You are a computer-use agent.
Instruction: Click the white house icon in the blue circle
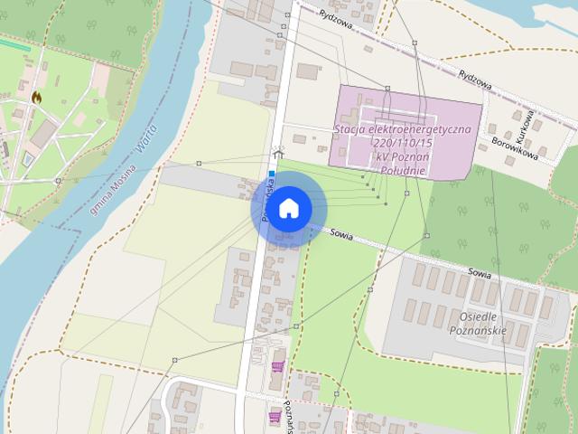pyautogui.click(x=288, y=209)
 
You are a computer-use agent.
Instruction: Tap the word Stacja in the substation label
pyautogui.click(x=351, y=129)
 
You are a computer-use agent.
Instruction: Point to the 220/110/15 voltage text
pyautogui.click(x=402, y=143)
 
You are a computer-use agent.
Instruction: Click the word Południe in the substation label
pyautogui.click(x=402, y=170)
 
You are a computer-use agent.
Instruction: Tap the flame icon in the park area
pyautogui.click(x=37, y=96)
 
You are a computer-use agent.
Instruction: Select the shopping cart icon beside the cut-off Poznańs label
pyautogui.click(x=275, y=416)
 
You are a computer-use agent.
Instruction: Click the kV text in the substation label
pyautogui.click(x=385, y=156)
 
